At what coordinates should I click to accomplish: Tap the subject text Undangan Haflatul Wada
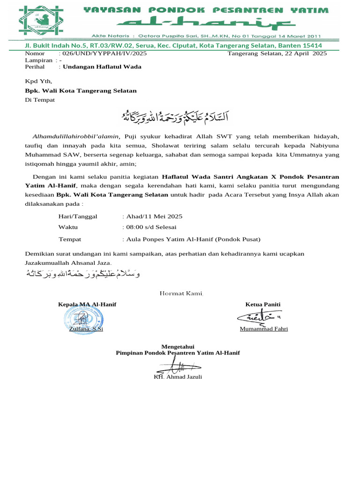(x=102, y=67)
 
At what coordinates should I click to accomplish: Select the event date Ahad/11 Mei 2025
(x=153, y=217)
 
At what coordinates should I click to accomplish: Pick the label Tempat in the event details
(x=70, y=239)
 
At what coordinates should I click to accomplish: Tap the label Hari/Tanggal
(x=77, y=217)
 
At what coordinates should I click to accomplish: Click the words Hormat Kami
(x=181, y=293)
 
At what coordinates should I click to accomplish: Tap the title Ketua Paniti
(x=263, y=305)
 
